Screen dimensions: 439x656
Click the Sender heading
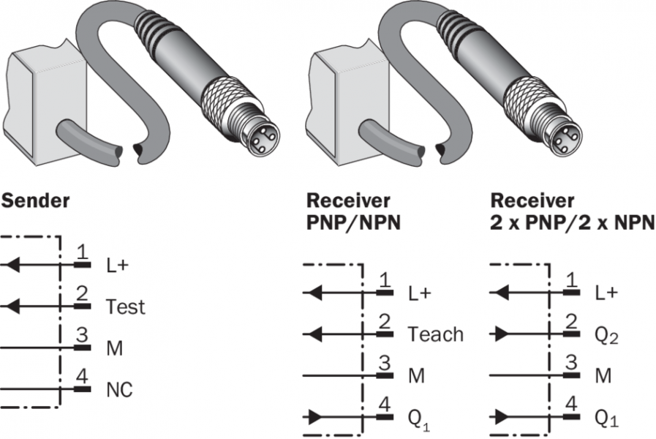point(37,200)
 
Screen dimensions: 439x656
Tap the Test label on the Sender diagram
point(125,306)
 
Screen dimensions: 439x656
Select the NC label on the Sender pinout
point(119,390)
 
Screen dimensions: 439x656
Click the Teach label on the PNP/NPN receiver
point(435,334)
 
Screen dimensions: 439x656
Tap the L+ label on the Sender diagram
point(117,264)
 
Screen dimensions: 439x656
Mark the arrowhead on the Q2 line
point(502,334)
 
